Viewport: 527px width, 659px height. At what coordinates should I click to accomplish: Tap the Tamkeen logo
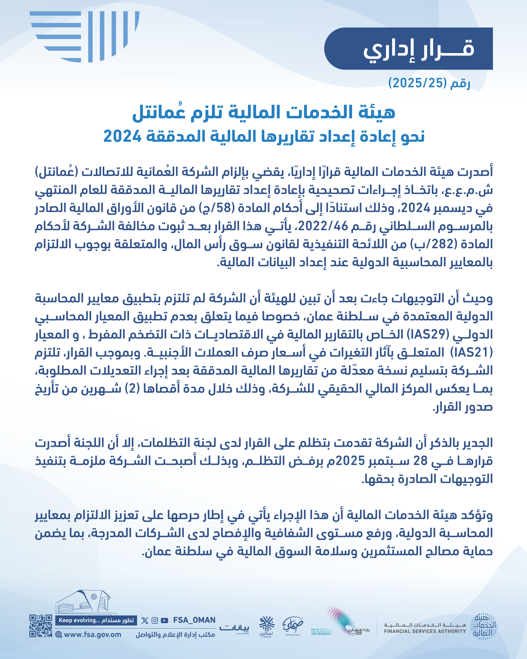coord(267,626)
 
